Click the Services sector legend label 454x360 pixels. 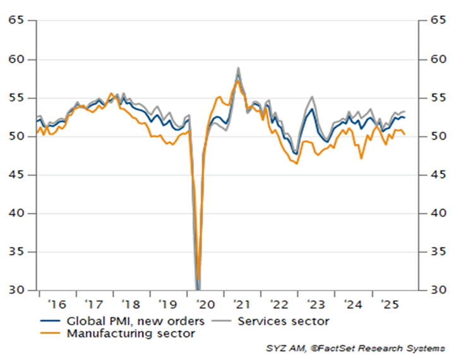pyautogui.click(x=284, y=321)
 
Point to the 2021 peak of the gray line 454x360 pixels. pyautogui.click(x=238, y=68)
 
